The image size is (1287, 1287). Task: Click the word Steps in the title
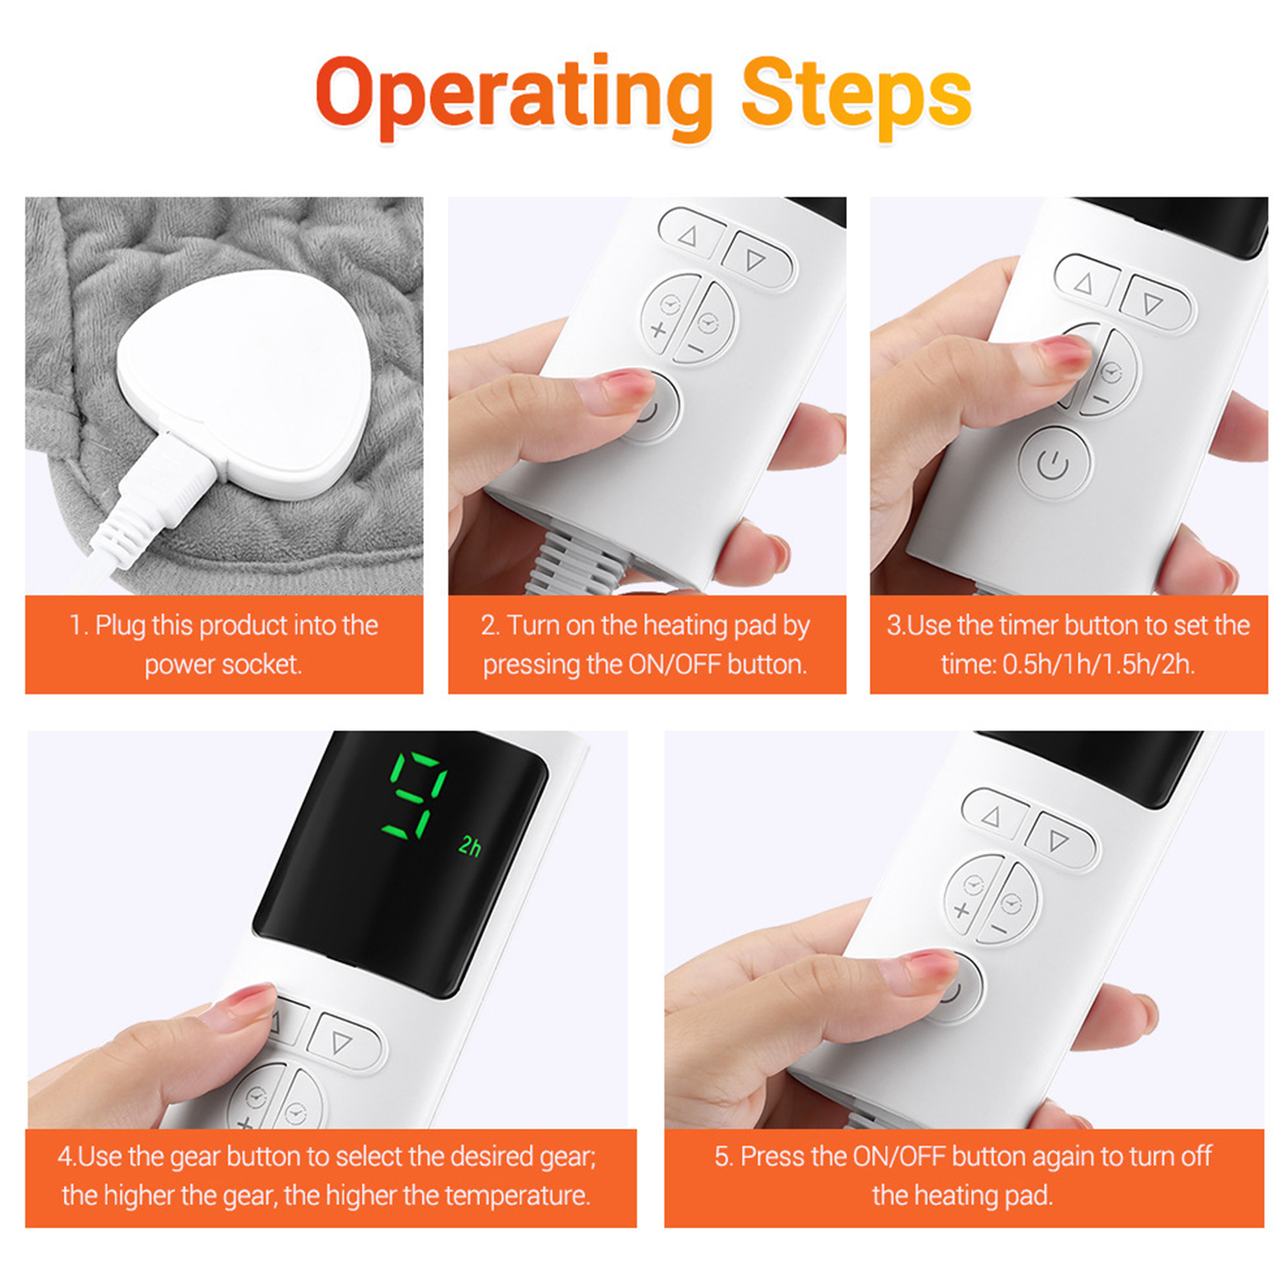(857, 95)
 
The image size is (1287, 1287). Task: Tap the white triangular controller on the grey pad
(245, 382)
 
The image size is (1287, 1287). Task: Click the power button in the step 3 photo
(1055, 464)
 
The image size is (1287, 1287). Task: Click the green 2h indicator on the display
(471, 845)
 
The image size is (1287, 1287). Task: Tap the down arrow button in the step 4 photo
(342, 1042)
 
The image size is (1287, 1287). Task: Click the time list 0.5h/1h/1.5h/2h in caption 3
(1098, 664)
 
